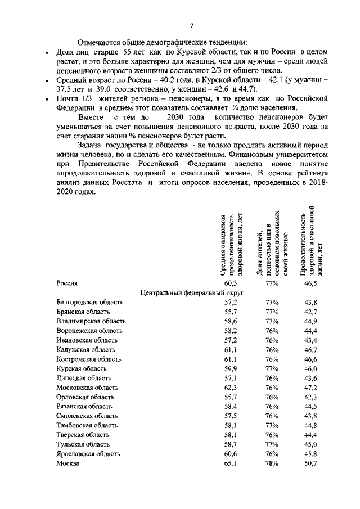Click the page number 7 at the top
coord(192,25)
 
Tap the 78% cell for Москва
coord(272,463)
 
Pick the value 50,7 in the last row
coord(310,463)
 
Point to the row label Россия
coord(66,283)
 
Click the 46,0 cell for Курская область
coord(310,368)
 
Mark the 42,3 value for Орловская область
coord(310,397)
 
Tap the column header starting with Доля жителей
coord(272,245)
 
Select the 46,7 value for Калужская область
coord(310,349)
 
